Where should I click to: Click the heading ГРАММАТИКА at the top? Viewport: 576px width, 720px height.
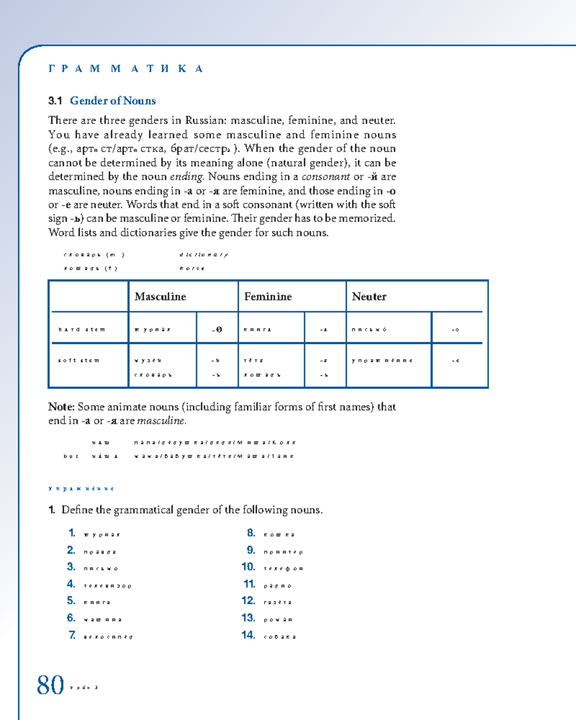pyautogui.click(x=126, y=69)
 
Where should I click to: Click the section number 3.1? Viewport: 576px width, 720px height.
pyautogui.click(x=55, y=101)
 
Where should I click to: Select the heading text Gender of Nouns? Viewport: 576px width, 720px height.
pyautogui.click(x=113, y=101)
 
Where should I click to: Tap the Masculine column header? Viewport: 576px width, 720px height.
pyautogui.click(x=160, y=297)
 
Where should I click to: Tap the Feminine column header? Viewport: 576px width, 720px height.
pyautogui.click(x=268, y=297)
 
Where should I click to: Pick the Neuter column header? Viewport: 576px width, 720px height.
pyautogui.click(x=369, y=297)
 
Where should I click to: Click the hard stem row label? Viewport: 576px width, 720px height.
pyautogui.click(x=82, y=330)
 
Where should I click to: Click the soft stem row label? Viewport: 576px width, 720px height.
pyautogui.click(x=79, y=360)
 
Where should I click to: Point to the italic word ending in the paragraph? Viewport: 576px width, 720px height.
pyautogui.click(x=187, y=177)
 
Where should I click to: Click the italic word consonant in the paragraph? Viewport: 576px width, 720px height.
pyautogui.click(x=325, y=177)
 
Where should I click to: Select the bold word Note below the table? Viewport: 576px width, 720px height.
pyautogui.click(x=61, y=407)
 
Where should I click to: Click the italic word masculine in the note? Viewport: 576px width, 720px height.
pyautogui.click(x=161, y=421)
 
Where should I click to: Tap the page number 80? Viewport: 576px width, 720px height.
pyautogui.click(x=50, y=685)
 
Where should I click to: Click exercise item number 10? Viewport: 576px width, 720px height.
pyautogui.click(x=248, y=567)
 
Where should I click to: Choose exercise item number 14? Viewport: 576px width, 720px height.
pyautogui.click(x=248, y=635)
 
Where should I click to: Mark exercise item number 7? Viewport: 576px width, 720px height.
pyautogui.click(x=72, y=635)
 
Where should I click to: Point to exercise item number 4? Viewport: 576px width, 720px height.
pyautogui.click(x=71, y=584)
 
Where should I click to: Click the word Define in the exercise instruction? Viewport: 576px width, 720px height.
pyautogui.click(x=77, y=510)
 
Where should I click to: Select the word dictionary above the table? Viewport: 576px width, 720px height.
pyautogui.click(x=204, y=255)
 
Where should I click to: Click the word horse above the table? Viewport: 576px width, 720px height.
pyautogui.click(x=192, y=268)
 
